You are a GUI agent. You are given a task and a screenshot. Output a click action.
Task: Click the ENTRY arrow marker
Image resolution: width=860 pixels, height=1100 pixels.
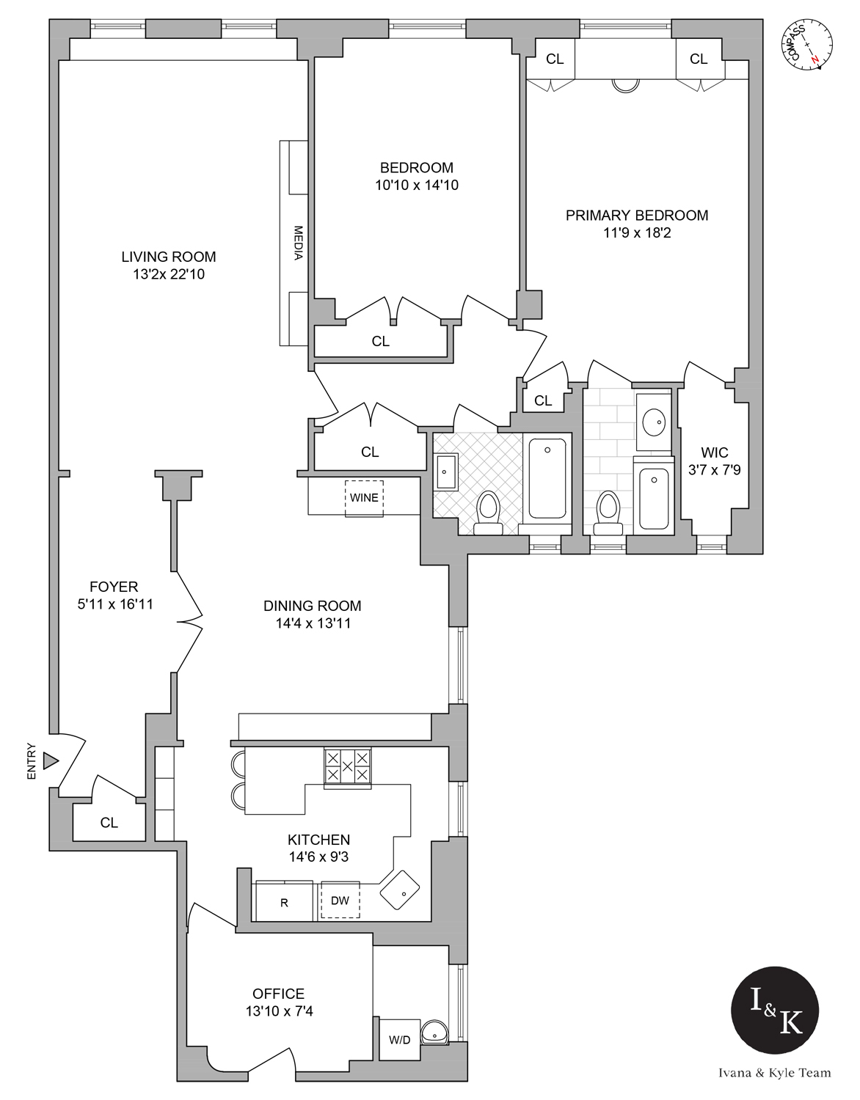[x=50, y=761]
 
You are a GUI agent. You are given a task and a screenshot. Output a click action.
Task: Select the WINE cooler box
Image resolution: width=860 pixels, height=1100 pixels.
[x=364, y=498]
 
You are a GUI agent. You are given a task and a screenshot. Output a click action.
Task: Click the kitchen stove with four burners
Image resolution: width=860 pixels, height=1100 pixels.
[x=348, y=766]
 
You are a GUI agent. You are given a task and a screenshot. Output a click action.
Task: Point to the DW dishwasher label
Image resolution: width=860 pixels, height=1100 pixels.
[x=340, y=901]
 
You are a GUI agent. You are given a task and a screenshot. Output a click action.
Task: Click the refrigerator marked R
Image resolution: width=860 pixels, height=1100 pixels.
[x=285, y=902]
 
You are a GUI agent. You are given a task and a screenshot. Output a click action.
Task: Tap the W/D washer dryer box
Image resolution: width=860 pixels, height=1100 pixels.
[x=399, y=1039]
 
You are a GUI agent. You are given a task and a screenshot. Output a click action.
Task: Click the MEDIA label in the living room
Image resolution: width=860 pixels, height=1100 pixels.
[x=299, y=243]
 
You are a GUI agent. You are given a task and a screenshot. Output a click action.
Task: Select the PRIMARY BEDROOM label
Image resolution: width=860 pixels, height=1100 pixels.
[x=636, y=216]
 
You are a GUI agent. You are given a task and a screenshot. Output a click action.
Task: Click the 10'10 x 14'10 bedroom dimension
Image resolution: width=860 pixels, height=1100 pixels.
[x=416, y=186]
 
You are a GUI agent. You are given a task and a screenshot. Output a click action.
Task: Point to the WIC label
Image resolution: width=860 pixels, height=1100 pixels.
[x=714, y=452]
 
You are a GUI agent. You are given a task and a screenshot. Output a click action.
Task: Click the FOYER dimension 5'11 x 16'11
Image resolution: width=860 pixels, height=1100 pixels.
[x=114, y=605]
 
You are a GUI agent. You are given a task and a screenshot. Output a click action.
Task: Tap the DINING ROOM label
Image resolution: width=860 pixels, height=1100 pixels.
[x=312, y=606]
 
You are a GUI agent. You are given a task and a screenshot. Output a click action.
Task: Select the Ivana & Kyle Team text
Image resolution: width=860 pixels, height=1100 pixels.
[x=774, y=1073]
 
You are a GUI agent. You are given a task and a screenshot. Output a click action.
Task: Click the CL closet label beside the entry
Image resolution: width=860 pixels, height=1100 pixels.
[x=109, y=823]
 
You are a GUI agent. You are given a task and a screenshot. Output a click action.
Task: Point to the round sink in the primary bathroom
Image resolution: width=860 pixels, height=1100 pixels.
[x=652, y=422]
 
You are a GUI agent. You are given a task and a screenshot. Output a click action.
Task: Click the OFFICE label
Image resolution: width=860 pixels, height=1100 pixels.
[x=278, y=994]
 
